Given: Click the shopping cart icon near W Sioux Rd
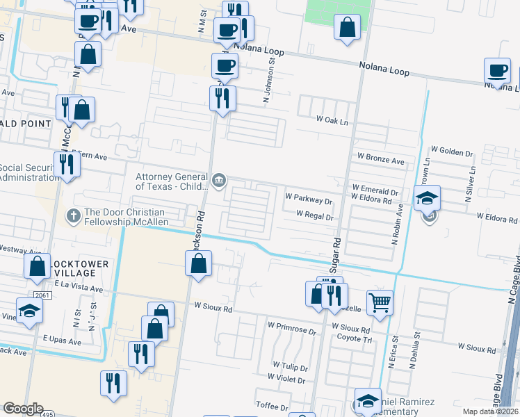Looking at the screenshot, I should pyautogui.click(x=380, y=302).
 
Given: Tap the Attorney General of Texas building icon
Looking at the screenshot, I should pyautogui.click(x=219, y=181).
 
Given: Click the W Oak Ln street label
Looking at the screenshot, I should pyautogui.click(x=332, y=120).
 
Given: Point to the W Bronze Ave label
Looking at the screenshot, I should pyautogui.click(x=380, y=161).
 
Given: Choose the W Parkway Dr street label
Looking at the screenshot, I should pyautogui.click(x=309, y=202).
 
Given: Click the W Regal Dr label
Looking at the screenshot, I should pyautogui.click(x=315, y=217).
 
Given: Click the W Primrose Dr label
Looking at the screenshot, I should pyautogui.click(x=292, y=325).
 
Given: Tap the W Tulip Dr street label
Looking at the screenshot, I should pyautogui.click(x=289, y=365).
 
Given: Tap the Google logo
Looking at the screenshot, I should pyautogui.click(x=24, y=408).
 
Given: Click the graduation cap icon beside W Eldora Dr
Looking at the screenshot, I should pyautogui.click(x=428, y=197).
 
